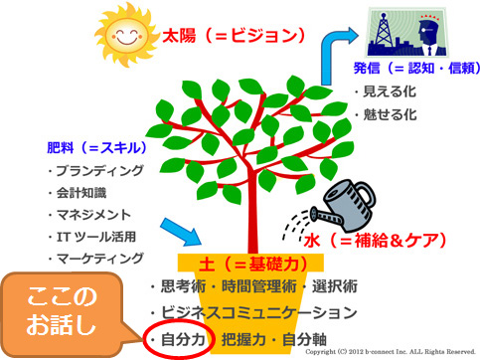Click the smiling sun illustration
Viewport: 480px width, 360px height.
click(x=126, y=34)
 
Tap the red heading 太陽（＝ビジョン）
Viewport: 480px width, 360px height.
click(x=234, y=36)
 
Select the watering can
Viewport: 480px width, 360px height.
click(x=344, y=206)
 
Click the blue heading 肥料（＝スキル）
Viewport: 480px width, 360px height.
click(x=96, y=148)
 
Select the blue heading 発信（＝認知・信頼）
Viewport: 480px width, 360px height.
click(x=416, y=69)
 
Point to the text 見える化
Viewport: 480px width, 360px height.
click(x=386, y=91)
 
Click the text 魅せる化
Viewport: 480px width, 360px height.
click(x=386, y=114)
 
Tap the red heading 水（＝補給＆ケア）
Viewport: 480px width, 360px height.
click(x=375, y=240)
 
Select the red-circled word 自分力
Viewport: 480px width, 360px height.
click(x=183, y=340)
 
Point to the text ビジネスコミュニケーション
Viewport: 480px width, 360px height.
click(x=253, y=312)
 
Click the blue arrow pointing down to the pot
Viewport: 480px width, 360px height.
click(x=181, y=232)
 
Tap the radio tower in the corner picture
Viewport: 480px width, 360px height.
click(x=383, y=31)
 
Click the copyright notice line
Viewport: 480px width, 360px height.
click(x=391, y=352)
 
